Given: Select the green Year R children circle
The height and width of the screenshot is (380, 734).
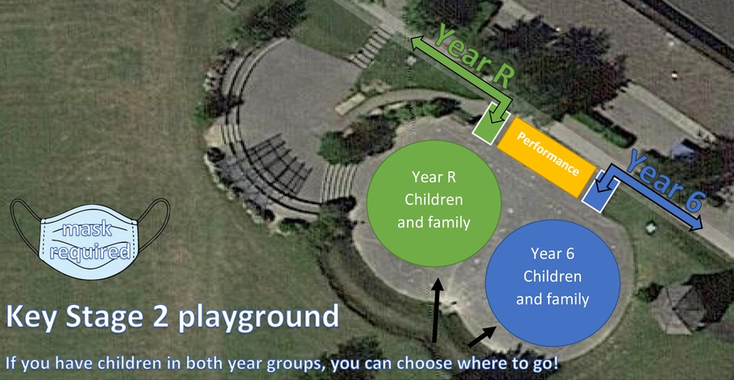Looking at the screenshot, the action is (434, 203).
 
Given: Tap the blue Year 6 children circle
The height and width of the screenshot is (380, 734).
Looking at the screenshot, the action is (553, 283).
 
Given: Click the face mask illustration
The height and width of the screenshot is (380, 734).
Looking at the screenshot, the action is (90, 239).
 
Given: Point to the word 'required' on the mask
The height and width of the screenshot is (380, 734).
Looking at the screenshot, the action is (90, 253).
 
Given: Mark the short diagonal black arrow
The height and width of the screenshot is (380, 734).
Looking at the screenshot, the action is (482, 336).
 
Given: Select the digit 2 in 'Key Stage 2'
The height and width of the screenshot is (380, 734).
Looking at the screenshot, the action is (160, 317).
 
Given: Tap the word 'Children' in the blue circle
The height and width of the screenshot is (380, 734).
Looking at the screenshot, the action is (553, 277).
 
